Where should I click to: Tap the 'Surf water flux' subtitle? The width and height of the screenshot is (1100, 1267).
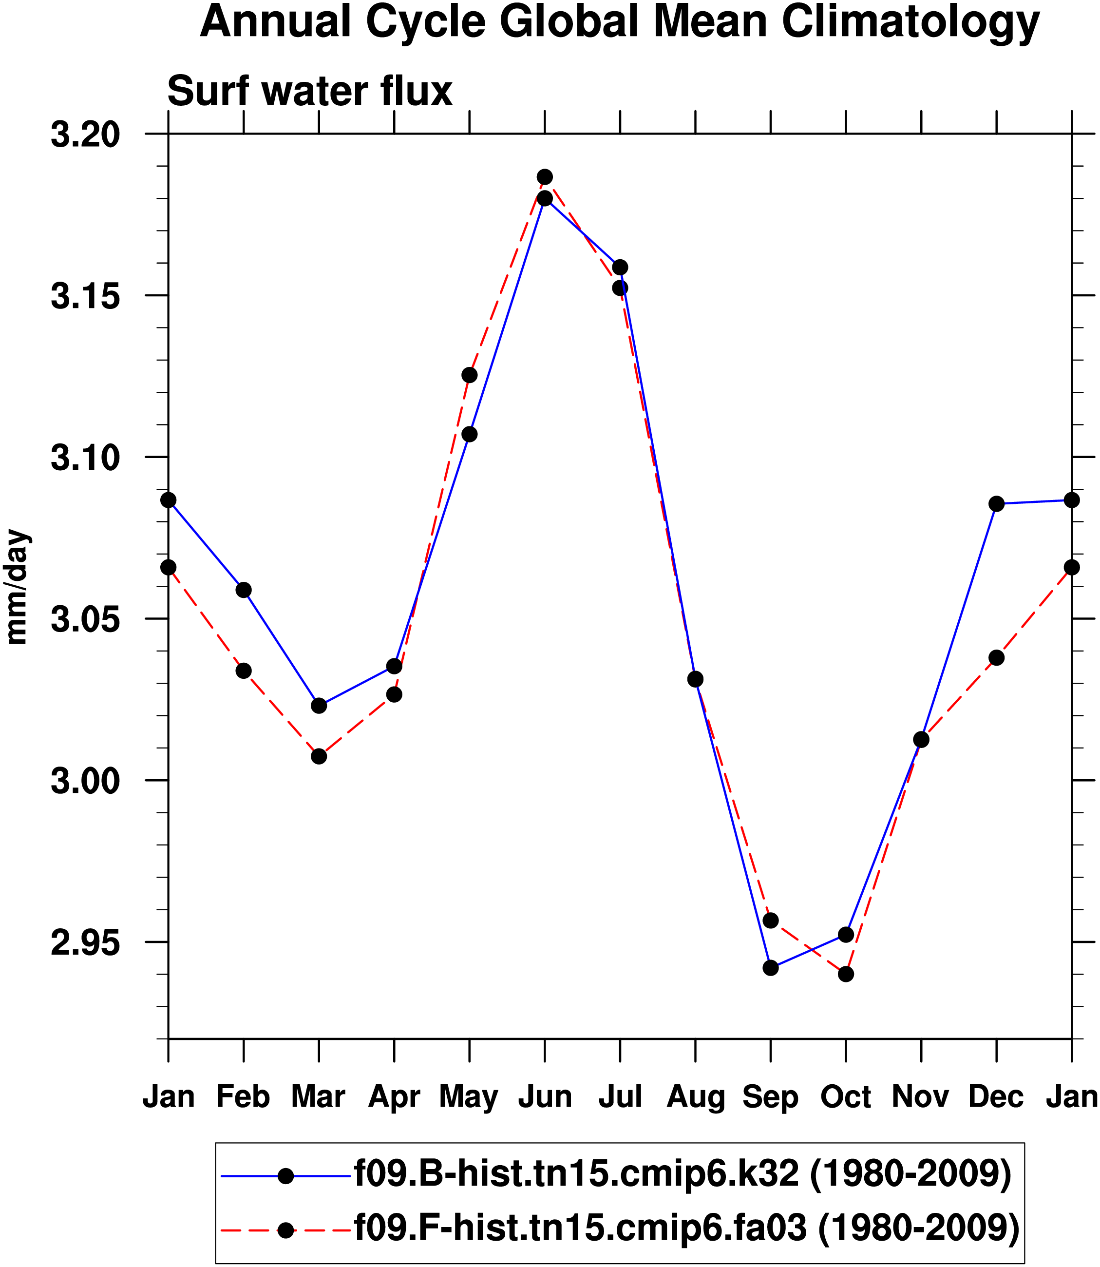(x=309, y=92)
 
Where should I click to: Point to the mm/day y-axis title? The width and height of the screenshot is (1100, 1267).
(x=17, y=587)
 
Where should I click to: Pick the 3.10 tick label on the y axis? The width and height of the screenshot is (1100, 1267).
(x=85, y=458)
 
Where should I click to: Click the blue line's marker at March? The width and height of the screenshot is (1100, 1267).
(x=319, y=706)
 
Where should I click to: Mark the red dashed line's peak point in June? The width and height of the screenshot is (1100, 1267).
(x=545, y=177)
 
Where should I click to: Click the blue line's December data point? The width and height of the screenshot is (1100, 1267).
(x=997, y=503)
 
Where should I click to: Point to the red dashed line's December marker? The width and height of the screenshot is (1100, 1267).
(x=997, y=658)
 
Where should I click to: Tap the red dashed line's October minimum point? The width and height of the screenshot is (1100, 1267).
(x=846, y=974)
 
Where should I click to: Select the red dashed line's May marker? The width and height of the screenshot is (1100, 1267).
(x=470, y=375)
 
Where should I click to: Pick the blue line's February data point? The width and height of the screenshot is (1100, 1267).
(x=244, y=590)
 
